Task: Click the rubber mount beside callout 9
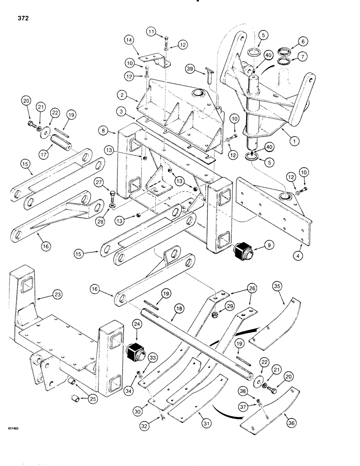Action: (242, 253)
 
